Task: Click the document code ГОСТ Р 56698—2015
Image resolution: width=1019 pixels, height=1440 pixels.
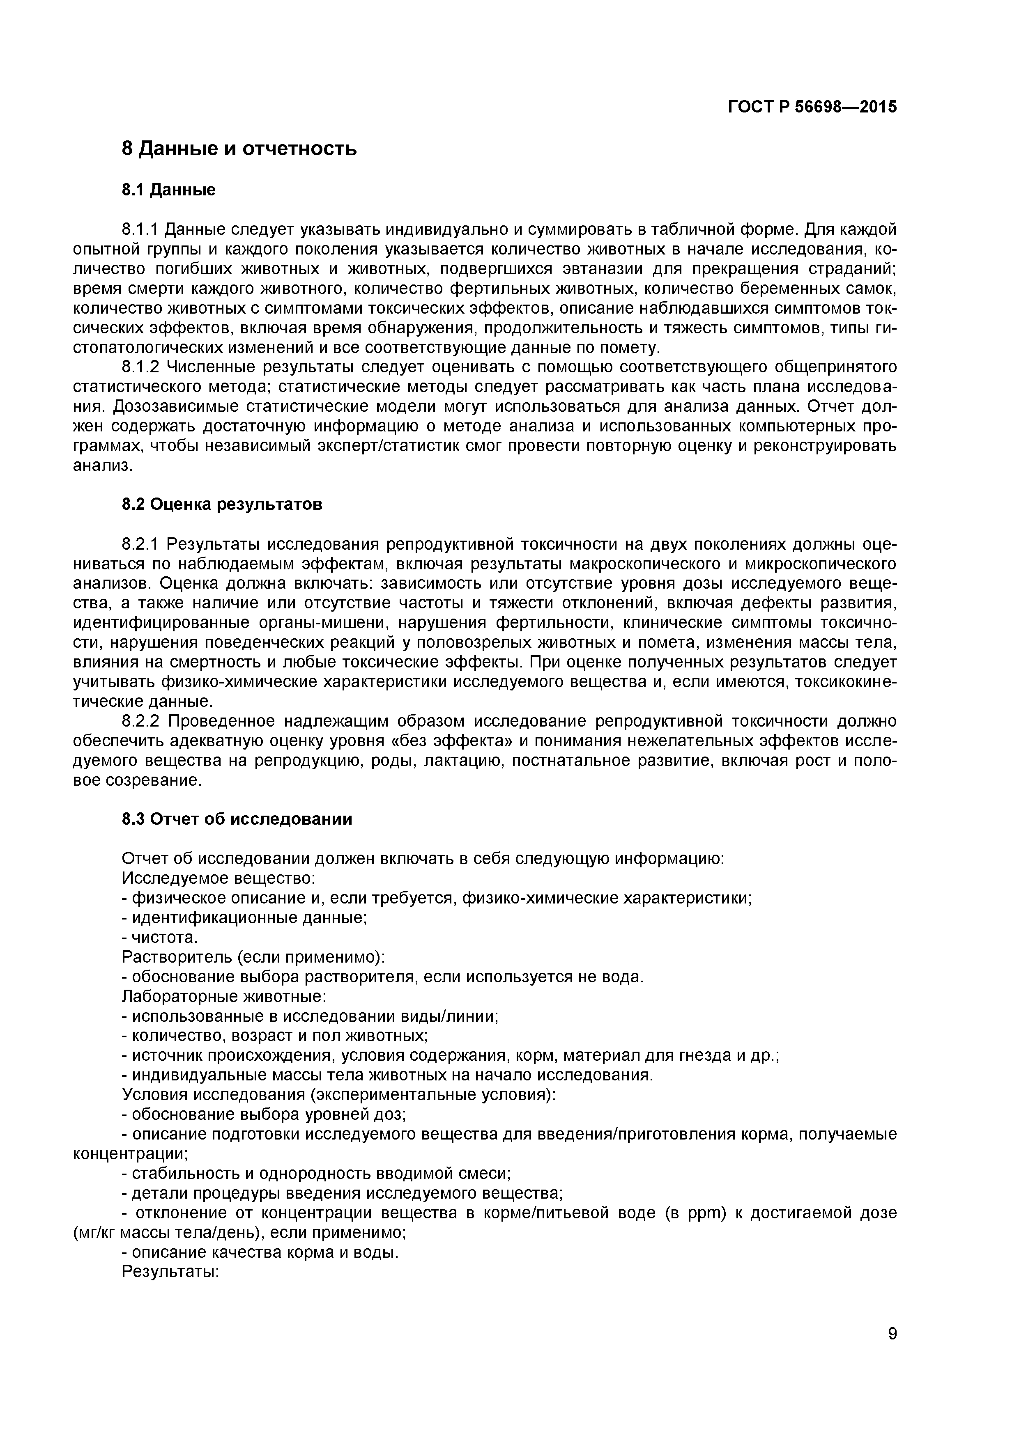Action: coord(812,107)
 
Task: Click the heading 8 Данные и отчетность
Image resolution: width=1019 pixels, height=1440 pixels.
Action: coord(239,149)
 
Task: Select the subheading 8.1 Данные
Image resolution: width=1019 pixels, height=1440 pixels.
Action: coord(168,190)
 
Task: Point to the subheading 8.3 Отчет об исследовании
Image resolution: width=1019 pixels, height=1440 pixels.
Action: coord(237,819)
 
